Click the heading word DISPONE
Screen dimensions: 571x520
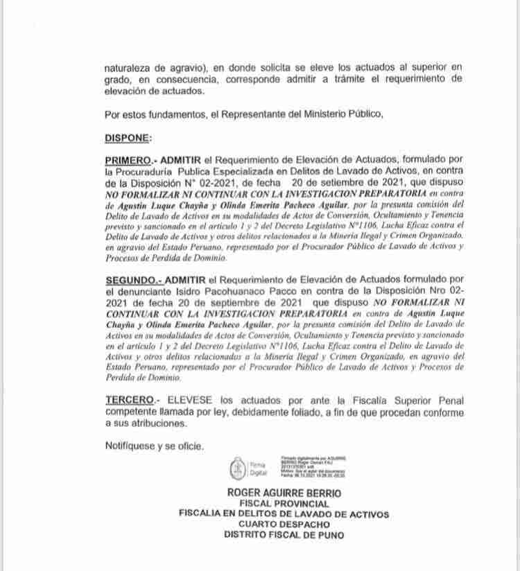click(127, 138)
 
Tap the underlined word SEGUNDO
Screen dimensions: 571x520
click(132, 279)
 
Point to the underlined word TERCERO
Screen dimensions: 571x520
click(129, 401)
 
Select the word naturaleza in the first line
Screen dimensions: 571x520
click(130, 69)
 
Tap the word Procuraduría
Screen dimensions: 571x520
click(146, 171)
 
